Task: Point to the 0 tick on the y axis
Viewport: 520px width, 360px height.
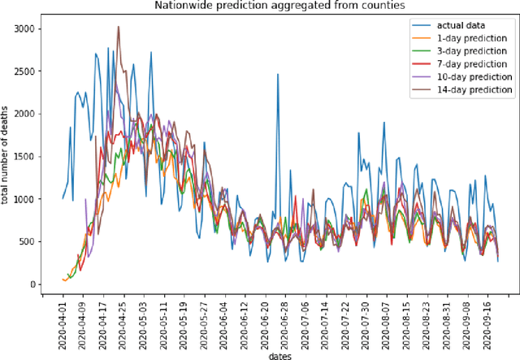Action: coord(35,284)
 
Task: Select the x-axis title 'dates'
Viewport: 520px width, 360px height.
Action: coord(280,354)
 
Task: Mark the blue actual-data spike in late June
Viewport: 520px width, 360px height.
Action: coord(278,75)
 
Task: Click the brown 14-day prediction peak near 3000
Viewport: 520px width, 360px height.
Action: coord(119,27)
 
